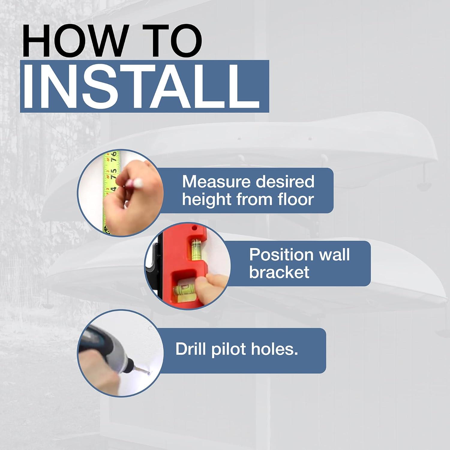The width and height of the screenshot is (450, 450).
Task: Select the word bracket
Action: (279, 272)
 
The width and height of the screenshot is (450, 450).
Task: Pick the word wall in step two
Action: (334, 255)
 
